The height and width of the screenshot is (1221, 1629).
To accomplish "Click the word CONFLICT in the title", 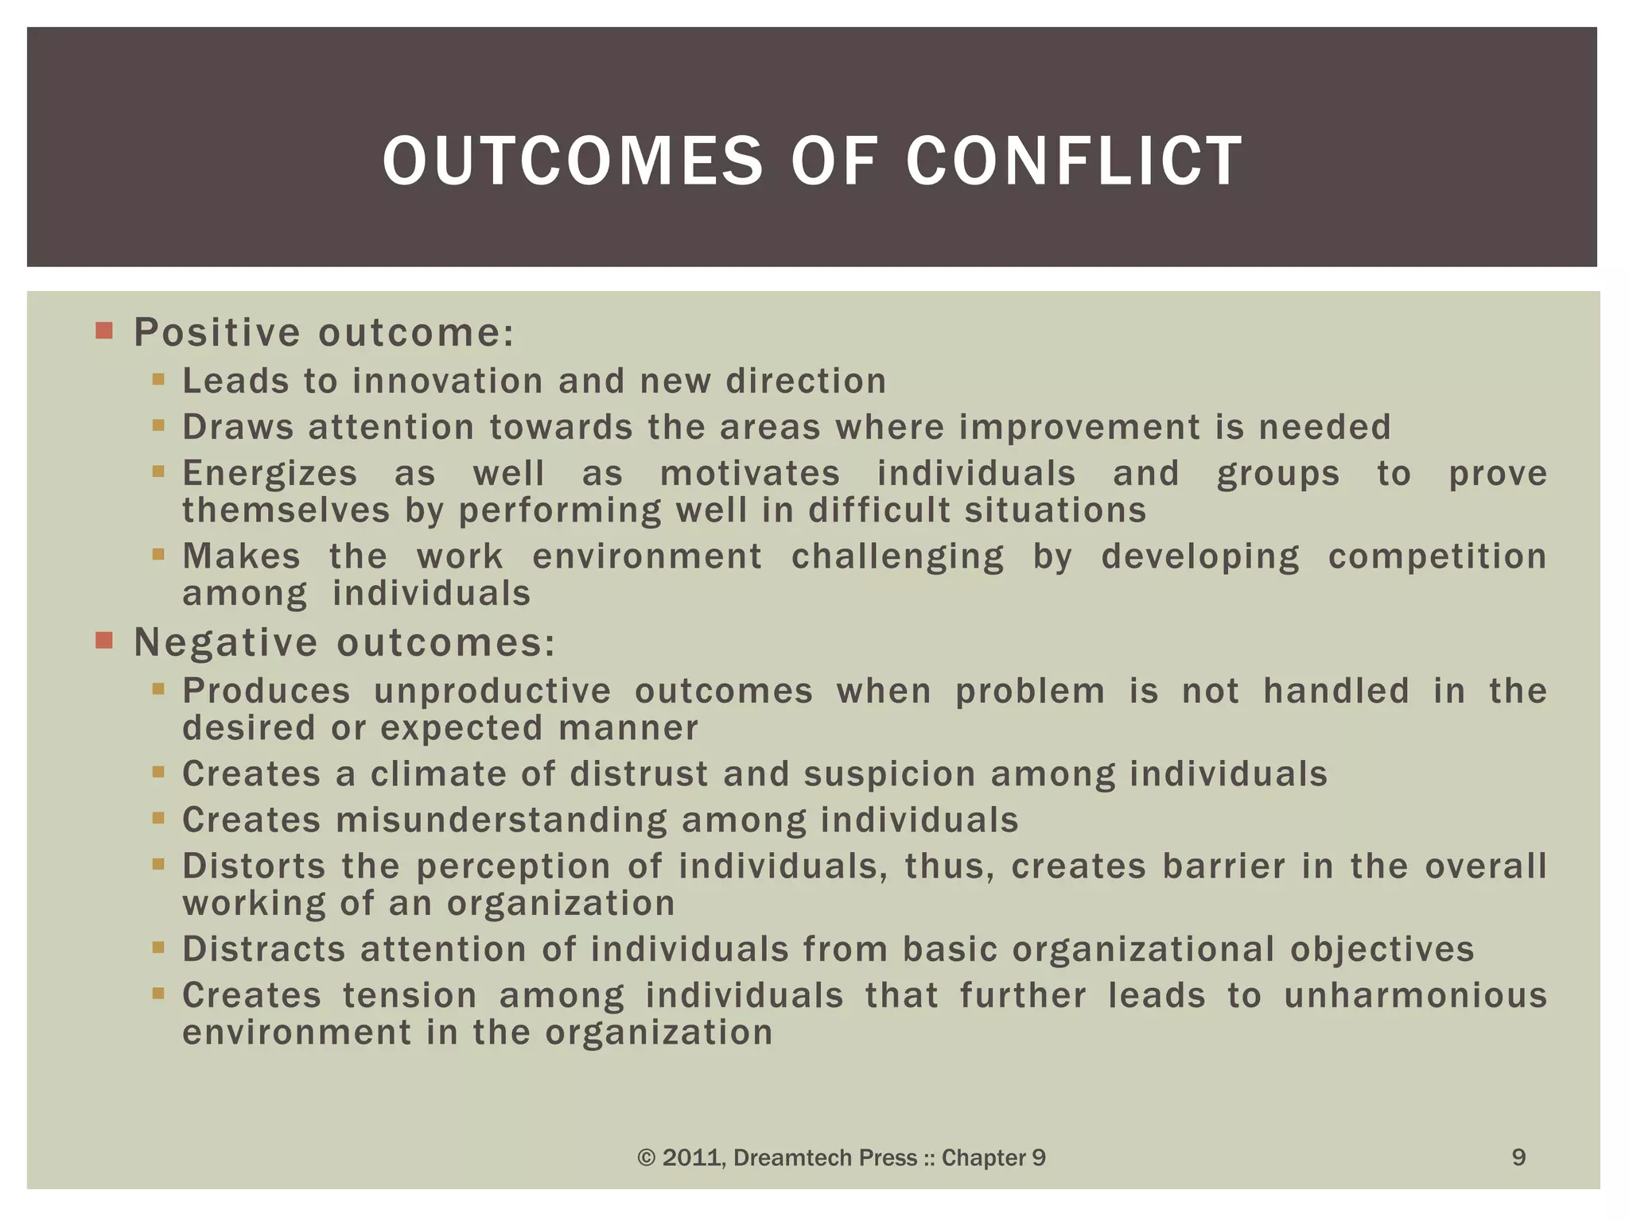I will click(1074, 161).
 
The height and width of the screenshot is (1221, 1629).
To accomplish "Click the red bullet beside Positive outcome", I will click(104, 331).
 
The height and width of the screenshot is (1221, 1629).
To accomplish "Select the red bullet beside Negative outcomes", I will click(104, 640).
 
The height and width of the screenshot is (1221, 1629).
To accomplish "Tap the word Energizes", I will click(270, 474).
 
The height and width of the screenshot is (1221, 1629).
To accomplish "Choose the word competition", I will click(1437, 556).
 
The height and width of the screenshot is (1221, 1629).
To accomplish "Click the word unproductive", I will click(492, 691).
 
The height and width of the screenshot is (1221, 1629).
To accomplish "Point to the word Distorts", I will click(254, 866).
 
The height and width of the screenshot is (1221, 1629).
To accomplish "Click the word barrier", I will click(1223, 866).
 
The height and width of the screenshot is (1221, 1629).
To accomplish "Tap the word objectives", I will click(1382, 950).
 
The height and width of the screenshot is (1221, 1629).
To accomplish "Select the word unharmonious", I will click(1416, 996).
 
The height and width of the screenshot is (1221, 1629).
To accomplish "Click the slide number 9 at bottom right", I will click(1518, 1157).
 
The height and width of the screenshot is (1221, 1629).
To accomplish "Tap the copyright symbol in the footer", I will click(647, 1158).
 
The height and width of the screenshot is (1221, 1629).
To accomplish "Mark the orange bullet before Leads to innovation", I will click(158, 380).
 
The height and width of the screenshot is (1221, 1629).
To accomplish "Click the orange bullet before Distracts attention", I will click(158, 948).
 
